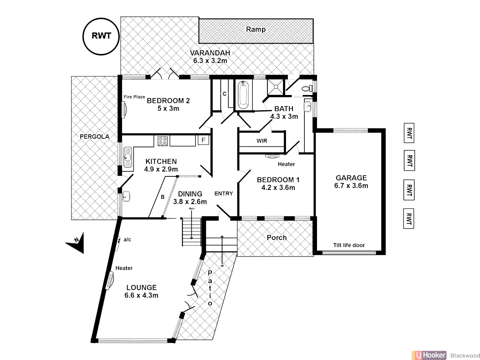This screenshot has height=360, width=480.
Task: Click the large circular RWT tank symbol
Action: pos(101,36)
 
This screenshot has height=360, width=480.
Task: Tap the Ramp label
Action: pos(256,29)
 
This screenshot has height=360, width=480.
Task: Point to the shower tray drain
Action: pos(276,87)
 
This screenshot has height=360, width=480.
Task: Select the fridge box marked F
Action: pos(203,140)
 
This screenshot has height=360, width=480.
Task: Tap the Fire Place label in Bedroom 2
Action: pos(134,97)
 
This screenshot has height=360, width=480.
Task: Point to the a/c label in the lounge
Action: pos(127,239)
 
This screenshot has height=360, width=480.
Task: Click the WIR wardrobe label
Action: pos(262,141)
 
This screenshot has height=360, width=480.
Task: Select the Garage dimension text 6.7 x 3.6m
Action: pos(351,186)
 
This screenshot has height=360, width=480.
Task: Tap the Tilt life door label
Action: pos(349,245)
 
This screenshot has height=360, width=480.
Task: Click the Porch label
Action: pos(277,238)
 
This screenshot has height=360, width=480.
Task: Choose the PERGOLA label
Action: pos(94,137)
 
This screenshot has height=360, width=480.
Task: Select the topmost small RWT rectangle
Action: pos(409,133)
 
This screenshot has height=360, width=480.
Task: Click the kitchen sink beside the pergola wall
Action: pos(128,157)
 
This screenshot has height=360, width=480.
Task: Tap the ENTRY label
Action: pos(223,194)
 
